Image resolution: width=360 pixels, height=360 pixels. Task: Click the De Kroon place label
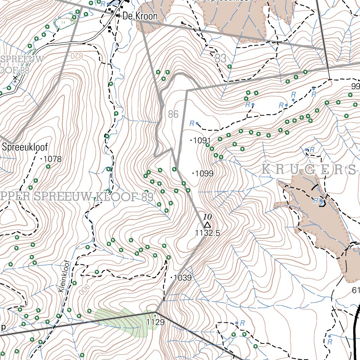140,16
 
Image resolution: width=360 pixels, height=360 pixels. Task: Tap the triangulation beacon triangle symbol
207,225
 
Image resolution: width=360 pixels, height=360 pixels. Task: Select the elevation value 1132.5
207,232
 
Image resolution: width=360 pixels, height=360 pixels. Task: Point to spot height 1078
53,159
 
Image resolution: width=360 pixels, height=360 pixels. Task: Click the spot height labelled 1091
202,141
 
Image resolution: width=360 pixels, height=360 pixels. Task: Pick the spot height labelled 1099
204,173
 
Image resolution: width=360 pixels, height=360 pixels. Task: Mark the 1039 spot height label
182,278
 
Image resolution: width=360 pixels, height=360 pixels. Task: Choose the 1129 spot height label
155,322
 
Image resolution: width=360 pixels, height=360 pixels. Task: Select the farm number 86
173,114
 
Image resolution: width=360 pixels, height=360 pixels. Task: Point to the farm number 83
220,58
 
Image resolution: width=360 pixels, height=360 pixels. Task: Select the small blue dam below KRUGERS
322,203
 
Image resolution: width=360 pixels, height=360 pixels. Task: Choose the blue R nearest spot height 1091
192,123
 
